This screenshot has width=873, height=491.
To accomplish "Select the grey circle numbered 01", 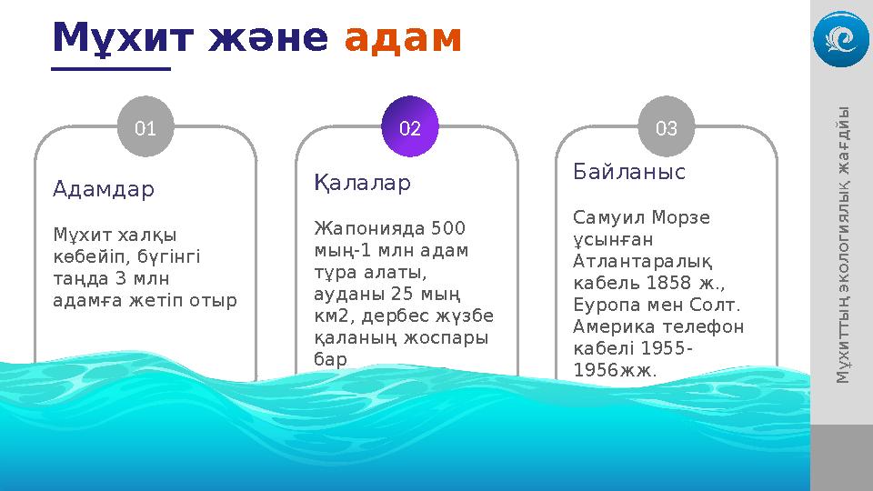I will [x=145, y=128].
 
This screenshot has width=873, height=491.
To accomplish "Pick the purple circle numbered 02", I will [x=410, y=128].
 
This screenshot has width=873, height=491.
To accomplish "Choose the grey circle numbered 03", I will [x=667, y=128].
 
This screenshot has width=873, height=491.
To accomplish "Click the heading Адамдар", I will [x=104, y=189].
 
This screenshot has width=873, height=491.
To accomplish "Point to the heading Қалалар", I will [x=362, y=184].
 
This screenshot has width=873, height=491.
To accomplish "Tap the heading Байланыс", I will [x=629, y=172].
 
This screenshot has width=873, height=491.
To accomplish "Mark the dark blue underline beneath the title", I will [x=112, y=68].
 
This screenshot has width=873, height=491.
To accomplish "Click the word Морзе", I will [x=680, y=218].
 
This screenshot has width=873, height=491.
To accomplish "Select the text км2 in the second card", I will [x=331, y=316].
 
